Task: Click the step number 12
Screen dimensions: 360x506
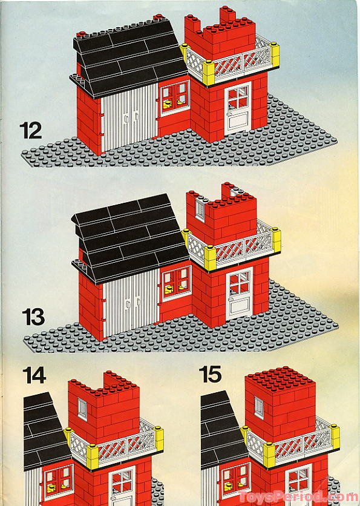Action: [31, 130]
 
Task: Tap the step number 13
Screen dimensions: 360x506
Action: [33, 317]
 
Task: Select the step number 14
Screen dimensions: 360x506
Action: [34, 375]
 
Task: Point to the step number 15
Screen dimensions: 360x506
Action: [211, 374]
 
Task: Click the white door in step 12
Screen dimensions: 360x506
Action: [238, 108]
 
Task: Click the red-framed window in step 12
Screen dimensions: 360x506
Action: [175, 98]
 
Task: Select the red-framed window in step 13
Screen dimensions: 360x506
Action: [177, 283]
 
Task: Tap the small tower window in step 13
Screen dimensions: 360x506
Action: [200, 209]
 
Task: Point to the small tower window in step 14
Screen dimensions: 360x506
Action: [82, 409]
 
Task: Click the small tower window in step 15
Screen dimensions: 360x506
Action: [259, 407]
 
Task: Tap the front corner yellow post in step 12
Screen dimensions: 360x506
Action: [208, 73]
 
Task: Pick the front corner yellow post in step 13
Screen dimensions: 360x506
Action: [211, 257]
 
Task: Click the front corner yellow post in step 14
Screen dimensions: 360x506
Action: [92, 456]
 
